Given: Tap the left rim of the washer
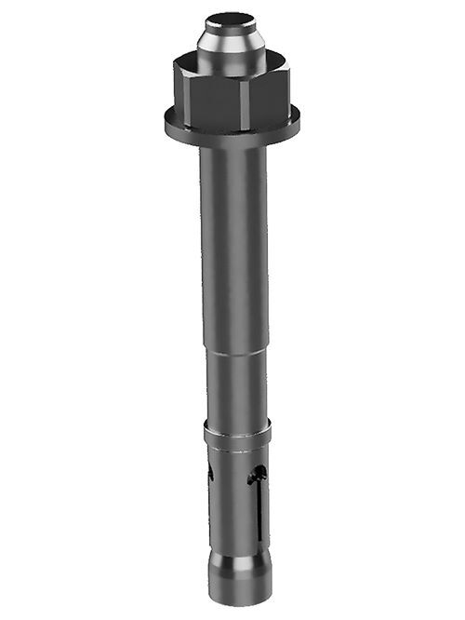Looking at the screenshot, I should pos(165,119).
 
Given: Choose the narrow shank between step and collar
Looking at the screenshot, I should pos(234,386).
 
